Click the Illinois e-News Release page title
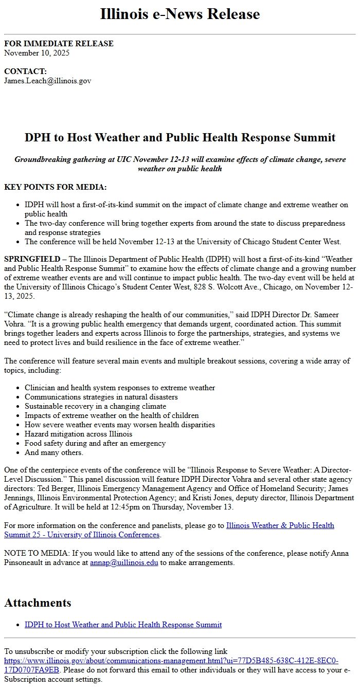(180, 14)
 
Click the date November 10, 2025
(37, 52)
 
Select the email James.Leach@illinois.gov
(47, 80)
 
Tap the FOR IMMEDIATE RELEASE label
(59, 44)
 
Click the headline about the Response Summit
(180, 138)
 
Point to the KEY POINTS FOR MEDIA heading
(56, 187)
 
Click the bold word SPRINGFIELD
(32, 259)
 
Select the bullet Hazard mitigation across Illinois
(78, 434)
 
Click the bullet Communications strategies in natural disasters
(101, 397)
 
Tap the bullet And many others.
(53, 452)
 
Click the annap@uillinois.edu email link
(124, 562)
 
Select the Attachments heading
(38, 603)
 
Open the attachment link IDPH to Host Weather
(123, 625)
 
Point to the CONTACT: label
(25, 71)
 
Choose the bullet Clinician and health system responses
(120, 388)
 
